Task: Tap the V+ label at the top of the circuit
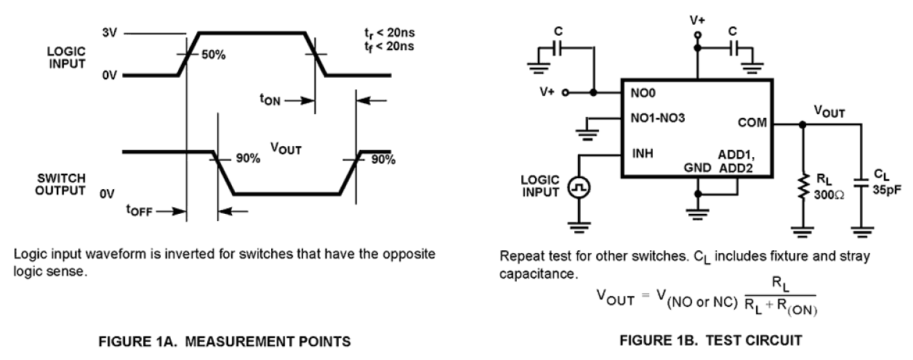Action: click(698, 22)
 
